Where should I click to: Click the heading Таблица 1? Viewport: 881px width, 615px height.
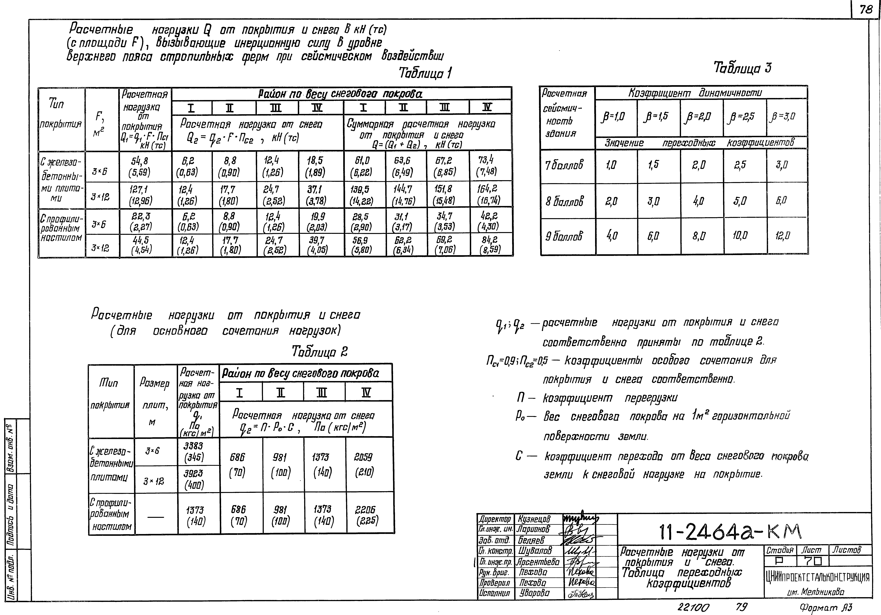click(425, 73)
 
